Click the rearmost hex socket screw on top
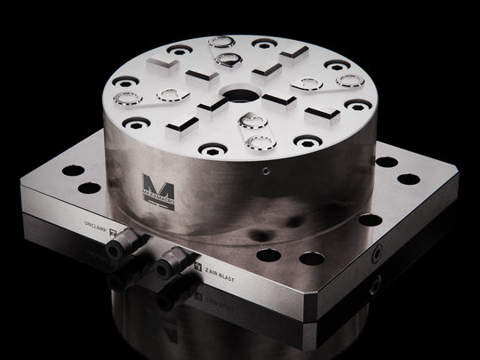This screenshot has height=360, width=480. point(262,42)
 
